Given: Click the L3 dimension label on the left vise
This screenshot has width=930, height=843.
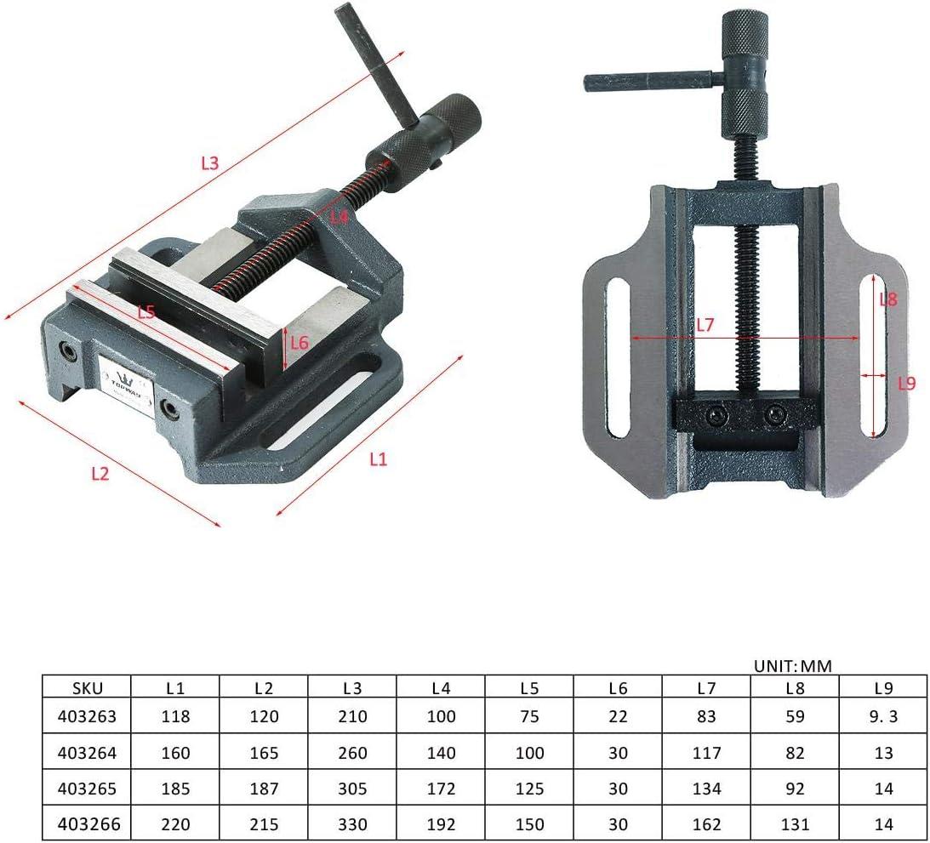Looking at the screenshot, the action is coord(210,163).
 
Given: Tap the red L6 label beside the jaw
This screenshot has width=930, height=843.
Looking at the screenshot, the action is coord(300,343).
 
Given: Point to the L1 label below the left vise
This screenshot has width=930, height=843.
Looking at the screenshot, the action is coord(378,459).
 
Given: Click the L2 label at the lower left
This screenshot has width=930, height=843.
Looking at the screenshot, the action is coord(100,473).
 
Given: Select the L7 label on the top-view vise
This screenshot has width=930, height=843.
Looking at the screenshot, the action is coord(705,325).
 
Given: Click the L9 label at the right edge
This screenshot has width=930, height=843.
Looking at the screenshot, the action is coord(907,384).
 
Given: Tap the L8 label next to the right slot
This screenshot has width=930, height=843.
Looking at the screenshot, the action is coord(888,299).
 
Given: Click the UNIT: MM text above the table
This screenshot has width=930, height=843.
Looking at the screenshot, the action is coord(792,666).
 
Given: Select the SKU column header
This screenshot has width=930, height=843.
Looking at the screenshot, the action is coord(87,688).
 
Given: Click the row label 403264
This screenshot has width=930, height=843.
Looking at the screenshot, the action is coord(87,753).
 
